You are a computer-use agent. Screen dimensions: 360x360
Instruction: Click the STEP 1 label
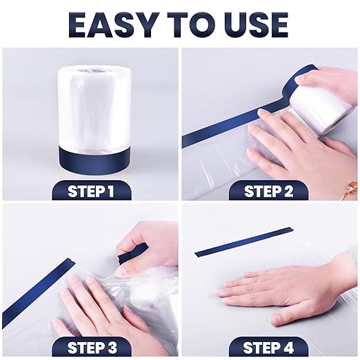pyautogui.click(x=91, y=190)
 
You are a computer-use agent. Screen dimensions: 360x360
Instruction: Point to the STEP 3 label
pyautogui.click(x=91, y=347)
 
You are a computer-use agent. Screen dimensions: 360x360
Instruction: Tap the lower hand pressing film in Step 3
pyautogui.click(x=97, y=310)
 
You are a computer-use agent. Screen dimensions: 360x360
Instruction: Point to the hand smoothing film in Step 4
pyautogui.click(x=290, y=286)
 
